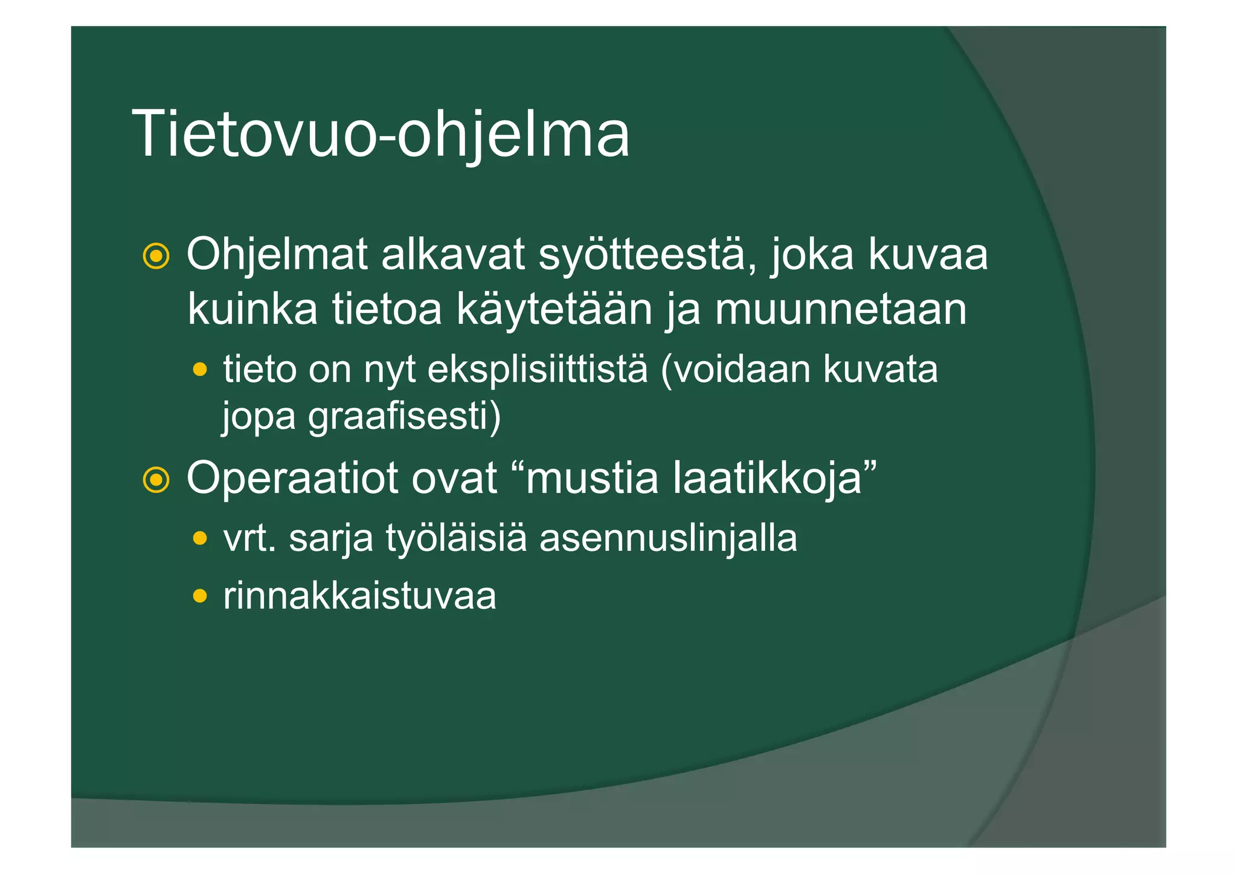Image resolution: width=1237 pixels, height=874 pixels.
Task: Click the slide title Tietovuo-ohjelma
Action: (x=381, y=134)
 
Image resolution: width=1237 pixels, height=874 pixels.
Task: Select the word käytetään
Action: (x=554, y=309)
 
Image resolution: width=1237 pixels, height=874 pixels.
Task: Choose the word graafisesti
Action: (x=404, y=417)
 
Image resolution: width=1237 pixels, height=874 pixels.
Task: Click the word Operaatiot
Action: (x=292, y=478)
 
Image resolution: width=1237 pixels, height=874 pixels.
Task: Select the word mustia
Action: (x=591, y=478)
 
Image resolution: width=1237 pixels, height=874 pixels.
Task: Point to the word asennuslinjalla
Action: (x=668, y=538)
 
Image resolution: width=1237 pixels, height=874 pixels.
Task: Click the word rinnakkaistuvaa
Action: (x=360, y=596)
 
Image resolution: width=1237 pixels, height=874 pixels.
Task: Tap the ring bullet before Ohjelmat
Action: (x=156, y=257)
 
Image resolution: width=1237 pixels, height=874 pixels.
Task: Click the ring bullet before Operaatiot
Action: (x=156, y=480)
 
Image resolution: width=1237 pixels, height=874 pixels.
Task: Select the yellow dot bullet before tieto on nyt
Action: (x=200, y=368)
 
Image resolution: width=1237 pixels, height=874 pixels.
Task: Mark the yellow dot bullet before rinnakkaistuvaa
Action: (x=200, y=597)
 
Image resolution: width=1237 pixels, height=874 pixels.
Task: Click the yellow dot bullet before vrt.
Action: (x=200, y=538)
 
